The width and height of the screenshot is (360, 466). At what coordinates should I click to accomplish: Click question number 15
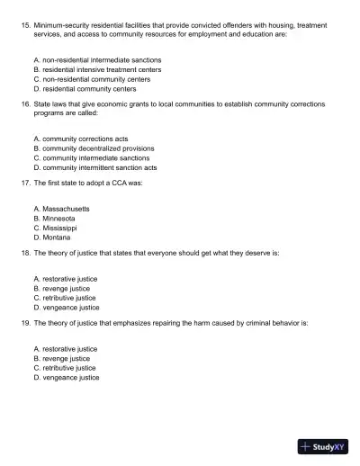pos(24,28)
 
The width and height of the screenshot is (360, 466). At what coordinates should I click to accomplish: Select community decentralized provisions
pos(93,148)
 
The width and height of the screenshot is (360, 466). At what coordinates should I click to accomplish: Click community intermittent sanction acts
pos(94,167)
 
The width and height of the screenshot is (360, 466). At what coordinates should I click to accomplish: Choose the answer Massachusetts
pos(66,208)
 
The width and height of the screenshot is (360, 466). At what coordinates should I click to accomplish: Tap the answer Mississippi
pos(60,228)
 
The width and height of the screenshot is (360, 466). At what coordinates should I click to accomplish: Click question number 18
pos(24,253)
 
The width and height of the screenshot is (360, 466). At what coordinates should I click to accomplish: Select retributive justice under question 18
pos(68,298)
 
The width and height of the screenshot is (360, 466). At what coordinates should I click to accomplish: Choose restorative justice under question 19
pos(69,348)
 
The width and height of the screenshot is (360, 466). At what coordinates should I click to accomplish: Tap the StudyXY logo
pos(323,445)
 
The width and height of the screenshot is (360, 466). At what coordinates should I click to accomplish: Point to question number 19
pos(24,322)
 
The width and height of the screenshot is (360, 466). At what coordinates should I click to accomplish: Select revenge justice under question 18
pos(66,288)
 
